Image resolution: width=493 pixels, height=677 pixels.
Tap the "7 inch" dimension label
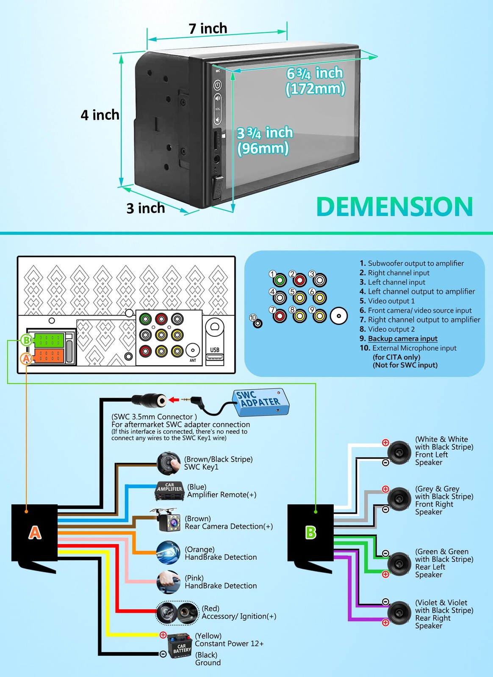click(208, 28)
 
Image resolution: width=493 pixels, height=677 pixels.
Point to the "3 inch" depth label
click(145, 208)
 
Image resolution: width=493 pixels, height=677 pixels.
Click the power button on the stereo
click(217, 85)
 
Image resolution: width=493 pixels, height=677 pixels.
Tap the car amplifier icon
click(170, 491)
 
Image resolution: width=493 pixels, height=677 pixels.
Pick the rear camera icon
click(166, 520)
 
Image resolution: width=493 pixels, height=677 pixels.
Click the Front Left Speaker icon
click(399, 452)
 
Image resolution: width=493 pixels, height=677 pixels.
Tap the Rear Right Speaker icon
click(399, 613)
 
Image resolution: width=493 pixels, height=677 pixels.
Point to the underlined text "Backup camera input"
click(402, 338)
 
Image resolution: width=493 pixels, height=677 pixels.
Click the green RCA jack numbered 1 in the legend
click(280, 280)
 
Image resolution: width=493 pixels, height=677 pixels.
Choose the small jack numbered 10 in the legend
click(258, 324)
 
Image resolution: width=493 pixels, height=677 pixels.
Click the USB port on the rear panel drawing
click(215, 357)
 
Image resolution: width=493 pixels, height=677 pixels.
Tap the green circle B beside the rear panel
click(27, 340)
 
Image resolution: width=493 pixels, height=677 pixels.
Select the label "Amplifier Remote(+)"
click(222, 495)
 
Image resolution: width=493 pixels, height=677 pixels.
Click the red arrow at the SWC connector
click(173, 400)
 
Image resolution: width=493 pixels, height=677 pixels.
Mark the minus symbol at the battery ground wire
click(163, 654)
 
